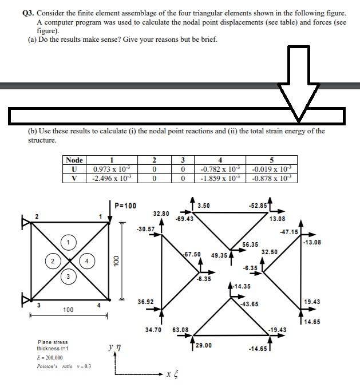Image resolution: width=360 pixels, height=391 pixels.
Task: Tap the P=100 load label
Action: pyautogui.click(x=125, y=206)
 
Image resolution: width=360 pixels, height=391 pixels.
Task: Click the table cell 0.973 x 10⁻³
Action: pyautogui.click(x=112, y=169)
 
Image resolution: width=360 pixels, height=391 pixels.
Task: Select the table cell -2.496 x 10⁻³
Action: pyautogui.click(x=112, y=179)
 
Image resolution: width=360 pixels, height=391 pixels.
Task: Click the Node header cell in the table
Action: pyautogui.click(x=74, y=160)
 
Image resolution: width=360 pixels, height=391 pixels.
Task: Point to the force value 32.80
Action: pyautogui.click(x=161, y=213)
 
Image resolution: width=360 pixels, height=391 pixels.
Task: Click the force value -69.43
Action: pyautogui.click(x=184, y=218)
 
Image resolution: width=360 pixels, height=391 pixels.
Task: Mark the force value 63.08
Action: pyautogui.click(x=181, y=330)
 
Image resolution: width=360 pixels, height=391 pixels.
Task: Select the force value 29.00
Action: pyautogui.click(x=203, y=345)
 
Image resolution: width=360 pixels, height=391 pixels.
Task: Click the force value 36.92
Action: pyautogui.click(x=145, y=301)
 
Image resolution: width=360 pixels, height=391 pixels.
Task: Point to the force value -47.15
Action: pyautogui.click(x=289, y=232)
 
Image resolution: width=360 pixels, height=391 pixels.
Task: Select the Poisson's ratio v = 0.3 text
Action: pyautogui.click(x=60, y=366)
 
